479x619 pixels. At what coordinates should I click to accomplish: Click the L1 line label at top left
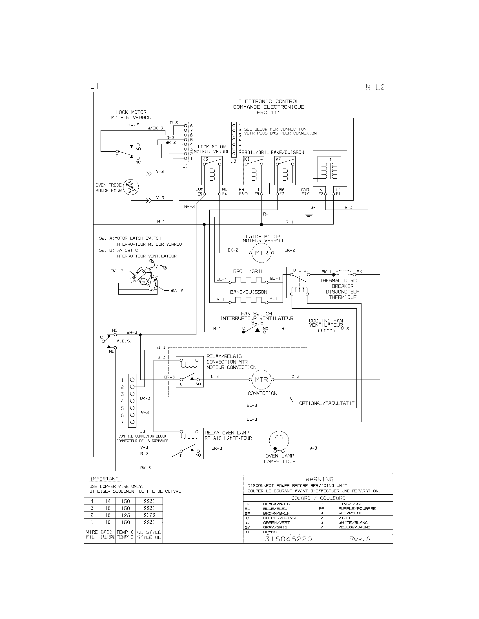[x=94, y=86]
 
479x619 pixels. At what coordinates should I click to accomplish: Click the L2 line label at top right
[x=380, y=87]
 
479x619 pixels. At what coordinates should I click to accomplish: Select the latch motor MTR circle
[x=261, y=253]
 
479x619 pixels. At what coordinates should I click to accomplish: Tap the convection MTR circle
[x=261, y=380]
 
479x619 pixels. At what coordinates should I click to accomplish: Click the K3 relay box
[x=212, y=171]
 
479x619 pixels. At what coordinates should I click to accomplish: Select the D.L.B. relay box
[x=300, y=282]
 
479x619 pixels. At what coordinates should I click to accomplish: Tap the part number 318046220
[x=288, y=539]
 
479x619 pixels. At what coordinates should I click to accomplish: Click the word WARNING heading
[x=320, y=479]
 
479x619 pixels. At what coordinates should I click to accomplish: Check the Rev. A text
[x=360, y=539]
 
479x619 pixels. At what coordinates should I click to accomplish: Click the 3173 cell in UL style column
[x=149, y=515]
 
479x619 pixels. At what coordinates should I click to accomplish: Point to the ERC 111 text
[x=268, y=113]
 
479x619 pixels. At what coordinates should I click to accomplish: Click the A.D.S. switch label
[x=124, y=341]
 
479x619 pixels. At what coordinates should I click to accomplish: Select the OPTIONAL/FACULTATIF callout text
[x=327, y=403]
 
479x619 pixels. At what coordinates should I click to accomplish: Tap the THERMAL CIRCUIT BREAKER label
[x=343, y=283]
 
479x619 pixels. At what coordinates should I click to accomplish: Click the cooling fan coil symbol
[x=326, y=331]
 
